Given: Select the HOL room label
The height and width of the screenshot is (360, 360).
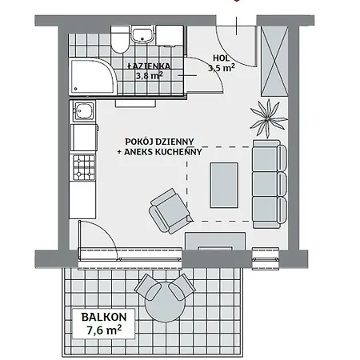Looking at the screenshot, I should click(x=220, y=58).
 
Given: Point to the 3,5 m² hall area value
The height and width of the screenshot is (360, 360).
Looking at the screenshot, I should click(x=220, y=69).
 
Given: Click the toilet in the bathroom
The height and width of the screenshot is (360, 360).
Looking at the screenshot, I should click(x=119, y=38).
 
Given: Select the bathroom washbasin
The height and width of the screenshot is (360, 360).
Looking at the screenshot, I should click(x=144, y=35).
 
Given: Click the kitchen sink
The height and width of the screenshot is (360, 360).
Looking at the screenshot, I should click(x=82, y=112).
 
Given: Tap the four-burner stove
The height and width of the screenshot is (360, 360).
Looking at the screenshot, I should click(x=83, y=166).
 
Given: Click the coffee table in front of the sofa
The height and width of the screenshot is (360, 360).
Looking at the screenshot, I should click(x=225, y=183).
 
